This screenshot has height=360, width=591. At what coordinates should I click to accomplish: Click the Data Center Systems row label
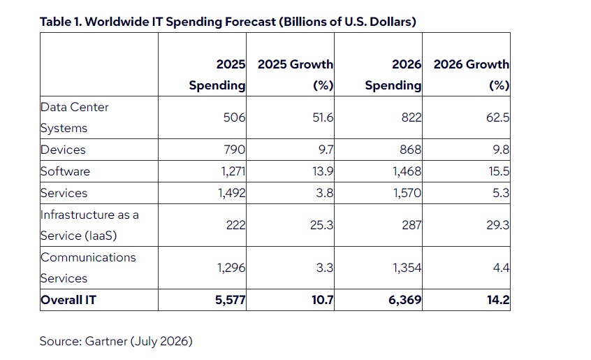[x=74, y=117]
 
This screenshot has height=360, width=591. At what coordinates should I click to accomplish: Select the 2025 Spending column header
[x=217, y=75]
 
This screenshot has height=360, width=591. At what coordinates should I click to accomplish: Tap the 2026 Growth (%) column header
[x=471, y=75]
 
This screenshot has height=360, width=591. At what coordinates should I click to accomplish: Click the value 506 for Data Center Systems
[x=234, y=117]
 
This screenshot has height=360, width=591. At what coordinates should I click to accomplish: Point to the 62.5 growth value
[x=497, y=117]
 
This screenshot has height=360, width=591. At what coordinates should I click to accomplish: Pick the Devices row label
[x=63, y=150]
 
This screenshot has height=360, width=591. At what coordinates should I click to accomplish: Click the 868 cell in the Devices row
[x=411, y=150]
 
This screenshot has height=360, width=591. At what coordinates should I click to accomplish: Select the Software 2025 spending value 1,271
[x=233, y=171]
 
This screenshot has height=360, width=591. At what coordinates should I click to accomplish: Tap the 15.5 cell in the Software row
[x=499, y=171]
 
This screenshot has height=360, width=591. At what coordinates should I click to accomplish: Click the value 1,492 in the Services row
[x=232, y=193]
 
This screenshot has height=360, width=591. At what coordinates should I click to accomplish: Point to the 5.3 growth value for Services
[x=501, y=193]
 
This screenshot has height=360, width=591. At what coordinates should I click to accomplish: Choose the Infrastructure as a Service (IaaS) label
[x=89, y=225]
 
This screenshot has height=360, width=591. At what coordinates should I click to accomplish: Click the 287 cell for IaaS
[x=411, y=225]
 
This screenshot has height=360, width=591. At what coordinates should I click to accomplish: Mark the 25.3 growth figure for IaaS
[x=321, y=225]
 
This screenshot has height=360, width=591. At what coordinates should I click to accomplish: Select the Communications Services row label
[x=88, y=268]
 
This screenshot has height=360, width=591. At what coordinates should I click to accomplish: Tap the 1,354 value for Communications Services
[x=407, y=268]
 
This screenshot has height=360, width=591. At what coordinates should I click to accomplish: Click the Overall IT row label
[x=68, y=300]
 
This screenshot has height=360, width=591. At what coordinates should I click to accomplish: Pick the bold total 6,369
[x=404, y=300]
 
